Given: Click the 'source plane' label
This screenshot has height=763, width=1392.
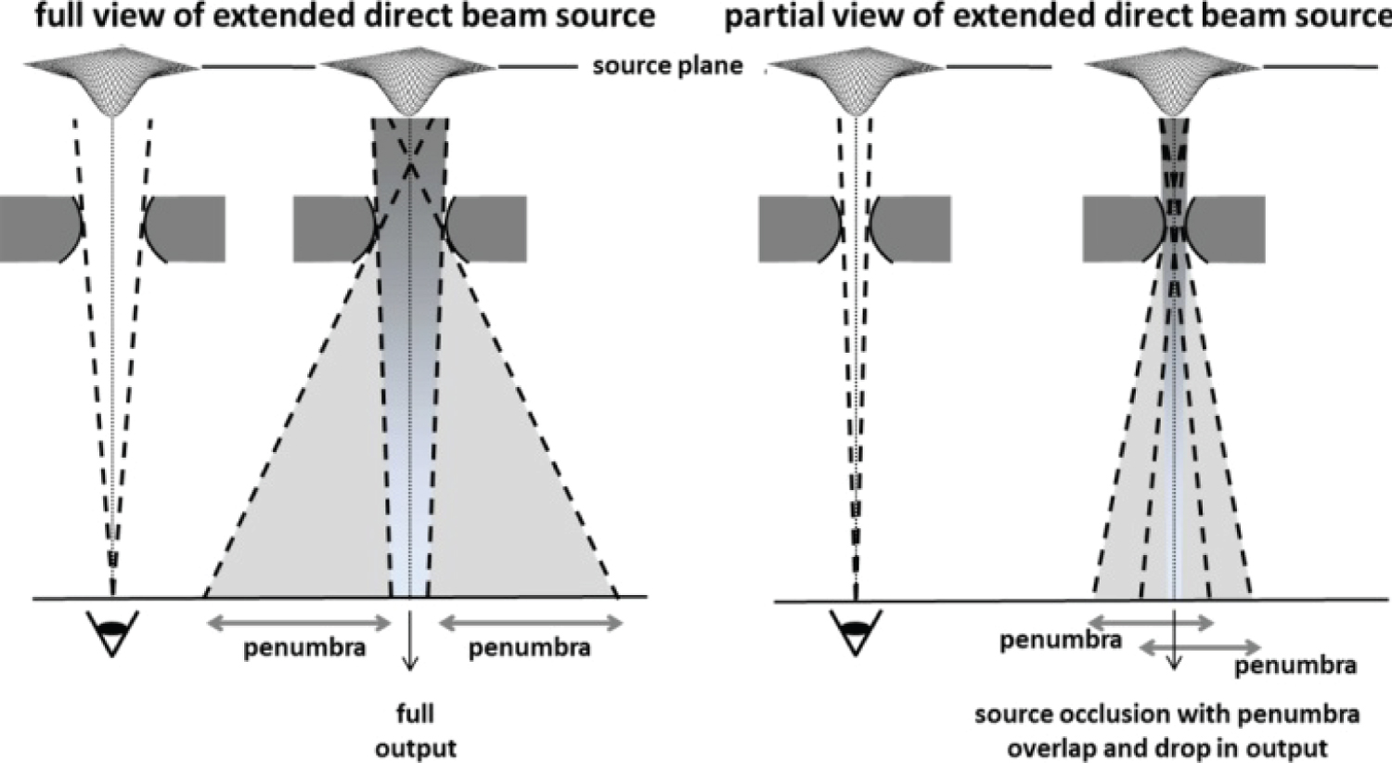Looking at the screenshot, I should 667,66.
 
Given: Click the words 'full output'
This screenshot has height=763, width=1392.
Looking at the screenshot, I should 416,731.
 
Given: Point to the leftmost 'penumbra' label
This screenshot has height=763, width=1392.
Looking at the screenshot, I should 304,647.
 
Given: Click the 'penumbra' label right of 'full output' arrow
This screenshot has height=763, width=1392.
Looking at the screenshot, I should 529,647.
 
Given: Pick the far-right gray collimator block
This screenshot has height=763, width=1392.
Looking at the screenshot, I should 1227,228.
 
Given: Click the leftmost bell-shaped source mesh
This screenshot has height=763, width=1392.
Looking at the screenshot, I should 111,82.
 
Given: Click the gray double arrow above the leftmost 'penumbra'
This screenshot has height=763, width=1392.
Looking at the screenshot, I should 299,623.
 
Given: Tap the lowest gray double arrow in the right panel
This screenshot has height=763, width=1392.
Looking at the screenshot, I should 1200,646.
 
